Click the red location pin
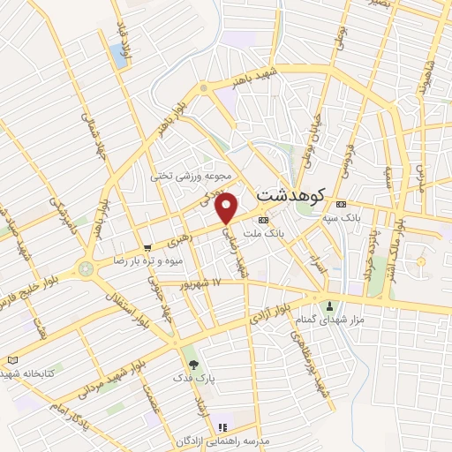tap(228, 207)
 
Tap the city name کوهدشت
tap(291, 194)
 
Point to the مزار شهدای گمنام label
tap(331, 323)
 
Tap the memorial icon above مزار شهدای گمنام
tap(331, 308)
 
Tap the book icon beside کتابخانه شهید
tap(11, 360)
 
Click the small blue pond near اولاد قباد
tap(118, 57)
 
